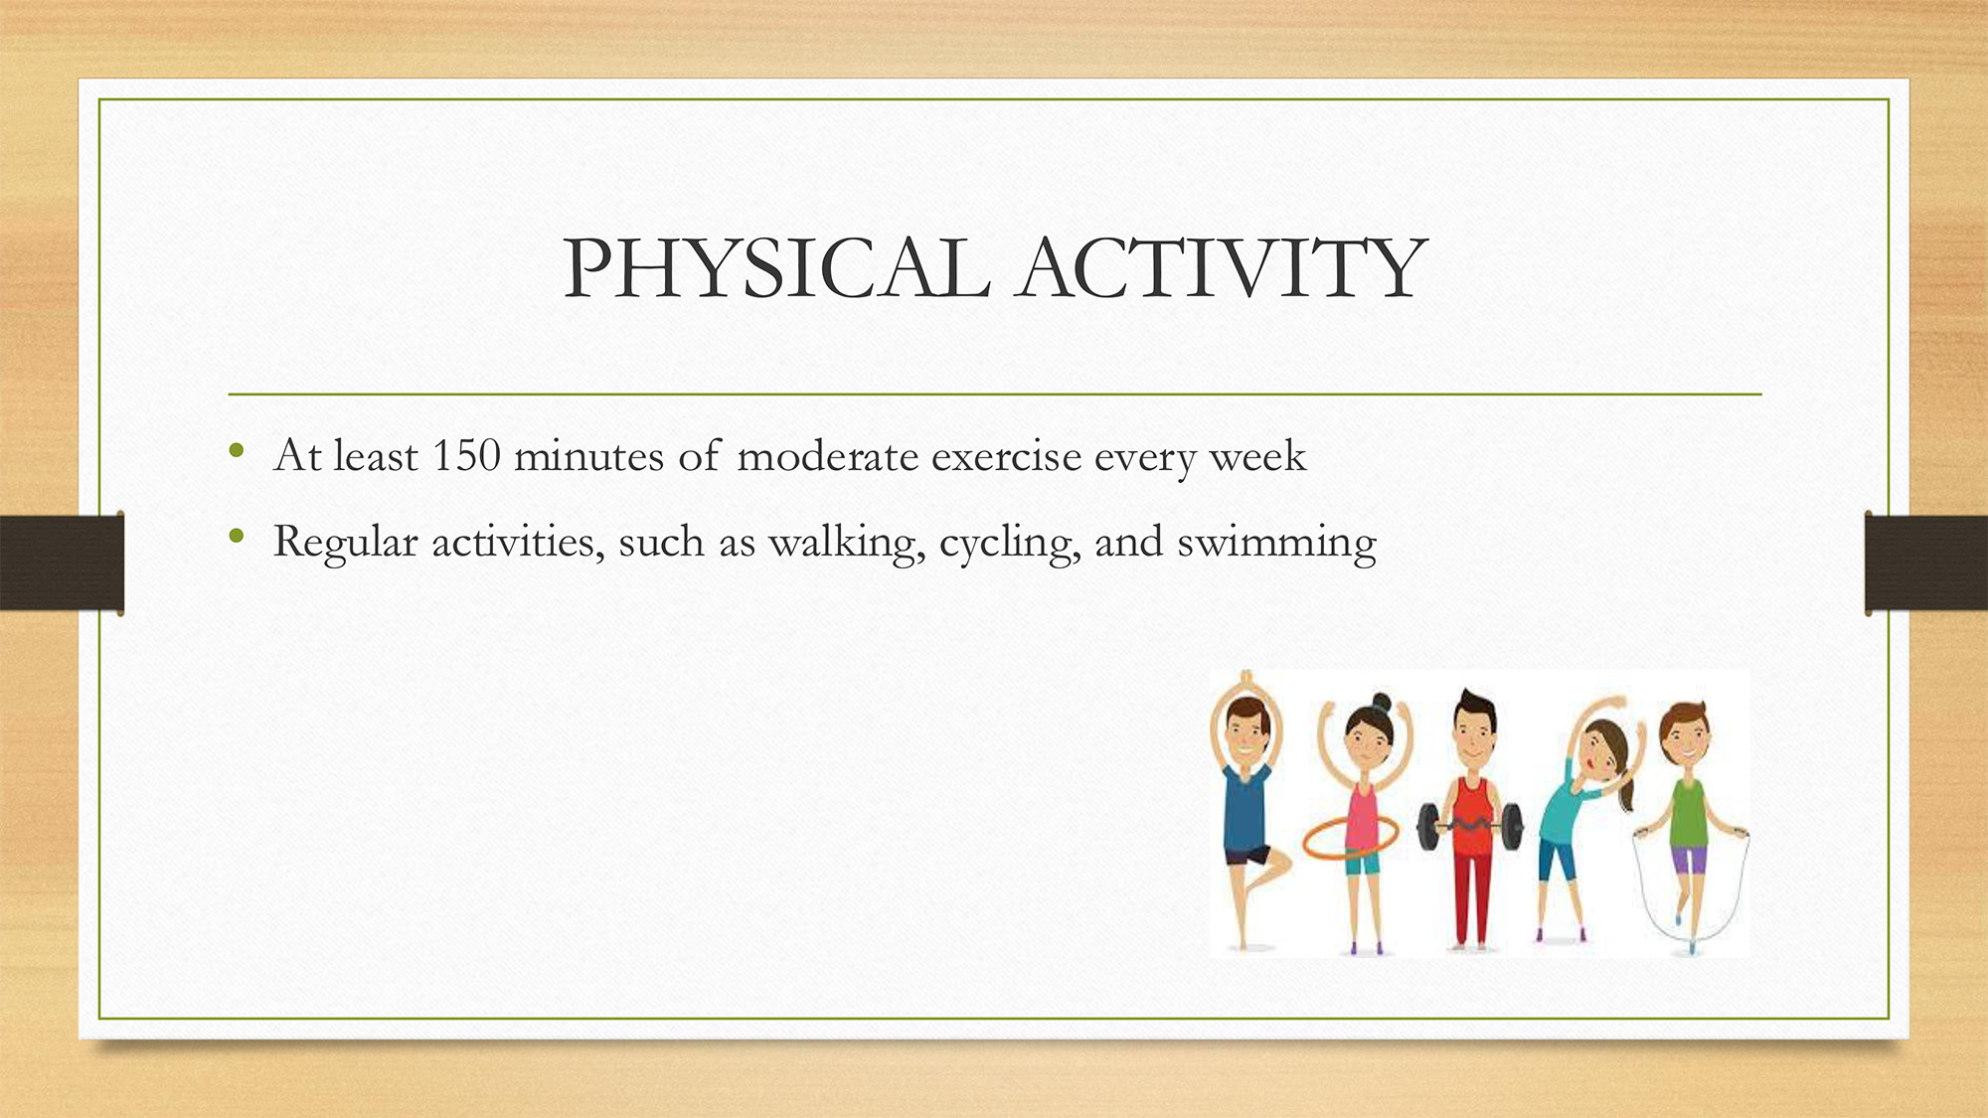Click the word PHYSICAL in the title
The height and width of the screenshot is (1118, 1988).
click(776, 268)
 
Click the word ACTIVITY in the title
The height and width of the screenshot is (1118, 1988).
click(1222, 268)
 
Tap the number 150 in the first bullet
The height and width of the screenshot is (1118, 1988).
click(466, 455)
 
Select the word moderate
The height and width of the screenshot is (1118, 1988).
click(827, 456)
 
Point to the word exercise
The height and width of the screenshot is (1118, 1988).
click(1006, 456)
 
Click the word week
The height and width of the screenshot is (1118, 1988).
click(1257, 456)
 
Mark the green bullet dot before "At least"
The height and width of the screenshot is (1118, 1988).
click(237, 451)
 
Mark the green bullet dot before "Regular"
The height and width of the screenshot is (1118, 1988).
click(237, 537)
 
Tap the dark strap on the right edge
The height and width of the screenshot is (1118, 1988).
click(1925, 562)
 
